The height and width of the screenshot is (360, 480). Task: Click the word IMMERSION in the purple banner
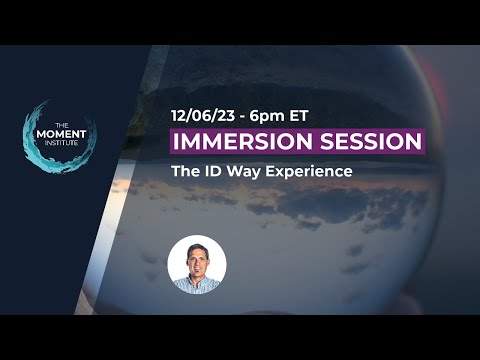(238, 140)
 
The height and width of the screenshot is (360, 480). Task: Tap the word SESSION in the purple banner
(364, 140)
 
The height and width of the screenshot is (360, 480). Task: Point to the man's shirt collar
(196, 284)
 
